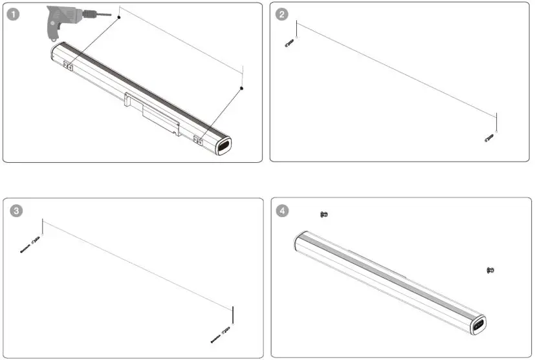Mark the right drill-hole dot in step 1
(x=242, y=88)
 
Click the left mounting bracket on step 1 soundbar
(x=69, y=64)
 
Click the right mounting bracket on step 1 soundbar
(x=200, y=138)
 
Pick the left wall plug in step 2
(x=290, y=44)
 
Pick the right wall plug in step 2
(x=490, y=138)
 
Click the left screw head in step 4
(x=324, y=214)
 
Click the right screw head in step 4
(x=490, y=270)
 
